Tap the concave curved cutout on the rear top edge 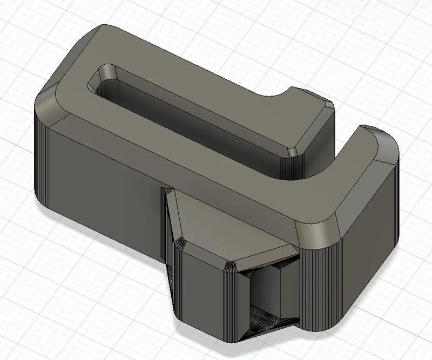[278, 94]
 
